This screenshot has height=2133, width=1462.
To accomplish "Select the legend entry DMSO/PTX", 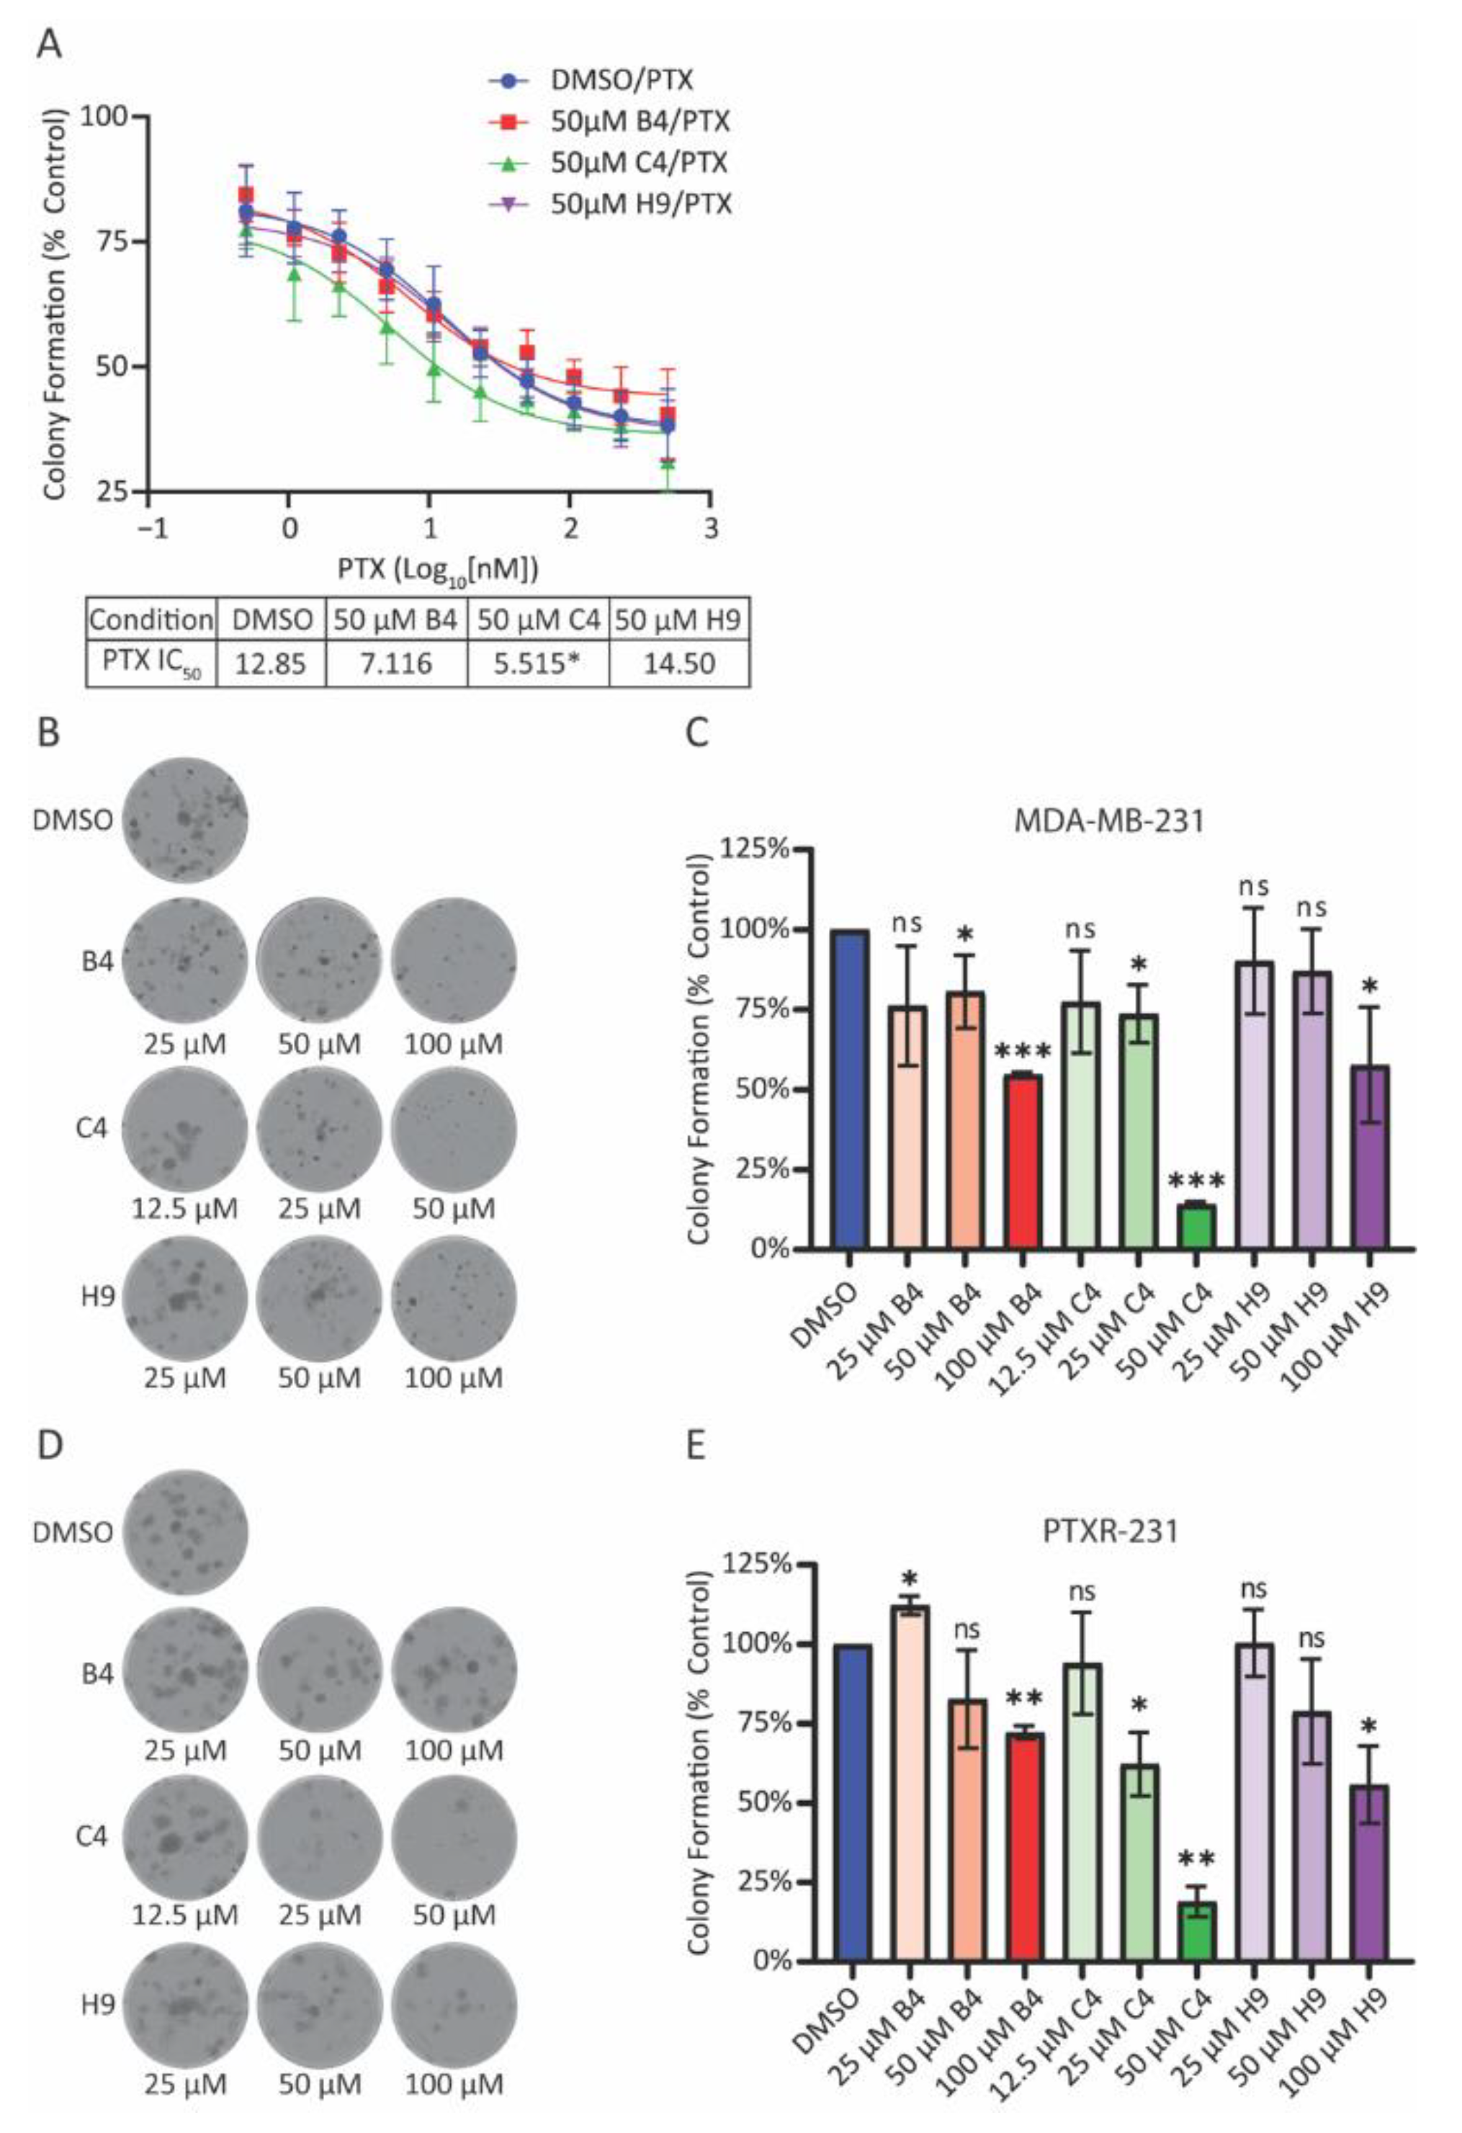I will point(622,80).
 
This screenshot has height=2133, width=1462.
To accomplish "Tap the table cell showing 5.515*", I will point(538,663).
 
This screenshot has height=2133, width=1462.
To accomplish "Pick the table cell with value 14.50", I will point(678,663).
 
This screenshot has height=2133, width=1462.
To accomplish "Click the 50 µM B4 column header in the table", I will point(395,620).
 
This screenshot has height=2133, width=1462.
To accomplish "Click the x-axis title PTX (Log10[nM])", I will point(437,569).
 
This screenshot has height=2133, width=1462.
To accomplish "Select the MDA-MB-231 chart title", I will point(1108,820).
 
